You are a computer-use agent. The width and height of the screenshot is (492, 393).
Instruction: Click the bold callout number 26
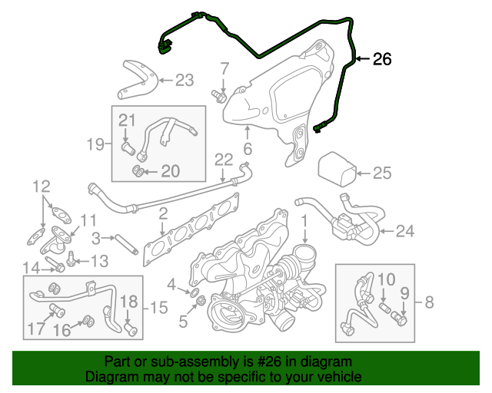[382, 59]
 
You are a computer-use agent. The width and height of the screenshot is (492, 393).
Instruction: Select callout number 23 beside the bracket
[185, 79]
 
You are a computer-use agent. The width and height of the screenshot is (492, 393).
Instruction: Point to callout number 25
[382, 173]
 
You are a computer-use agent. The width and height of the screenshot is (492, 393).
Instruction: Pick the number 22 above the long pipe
[223, 160]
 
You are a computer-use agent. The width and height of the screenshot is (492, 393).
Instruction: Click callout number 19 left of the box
[95, 143]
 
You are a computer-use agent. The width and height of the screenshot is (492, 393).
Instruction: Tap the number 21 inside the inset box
[127, 119]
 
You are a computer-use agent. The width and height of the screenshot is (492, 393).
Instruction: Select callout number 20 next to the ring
[169, 170]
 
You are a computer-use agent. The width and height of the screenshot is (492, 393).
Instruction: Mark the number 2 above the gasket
[163, 213]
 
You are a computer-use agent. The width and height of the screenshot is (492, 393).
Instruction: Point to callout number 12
[41, 186]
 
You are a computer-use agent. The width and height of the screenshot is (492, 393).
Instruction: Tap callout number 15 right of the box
[158, 308]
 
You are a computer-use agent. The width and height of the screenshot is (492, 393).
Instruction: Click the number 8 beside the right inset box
[429, 302]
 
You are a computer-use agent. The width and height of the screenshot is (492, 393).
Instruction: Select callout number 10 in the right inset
[385, 279]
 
